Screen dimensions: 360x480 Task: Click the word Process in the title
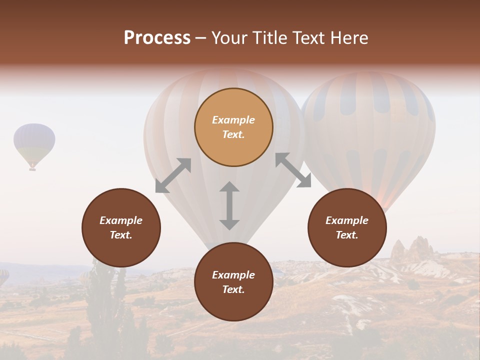pyautogui.click(x=157, y=38)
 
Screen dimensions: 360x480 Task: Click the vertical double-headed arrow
pyautogui.click(x=229, y=205)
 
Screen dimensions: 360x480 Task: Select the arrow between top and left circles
pyautogui.click(x=173, y=175)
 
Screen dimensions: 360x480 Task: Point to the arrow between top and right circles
pyautogui.click(x=293, y=170)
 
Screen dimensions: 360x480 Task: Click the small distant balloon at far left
pyautogui.click(x=34, y=142)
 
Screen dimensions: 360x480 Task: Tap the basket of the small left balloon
pyautogui.click(x=32, y=169)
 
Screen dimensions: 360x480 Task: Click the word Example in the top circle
pyautogui.click(x=233, y=120)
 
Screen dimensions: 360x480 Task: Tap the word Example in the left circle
pyautogui.click(x=121, y=220)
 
